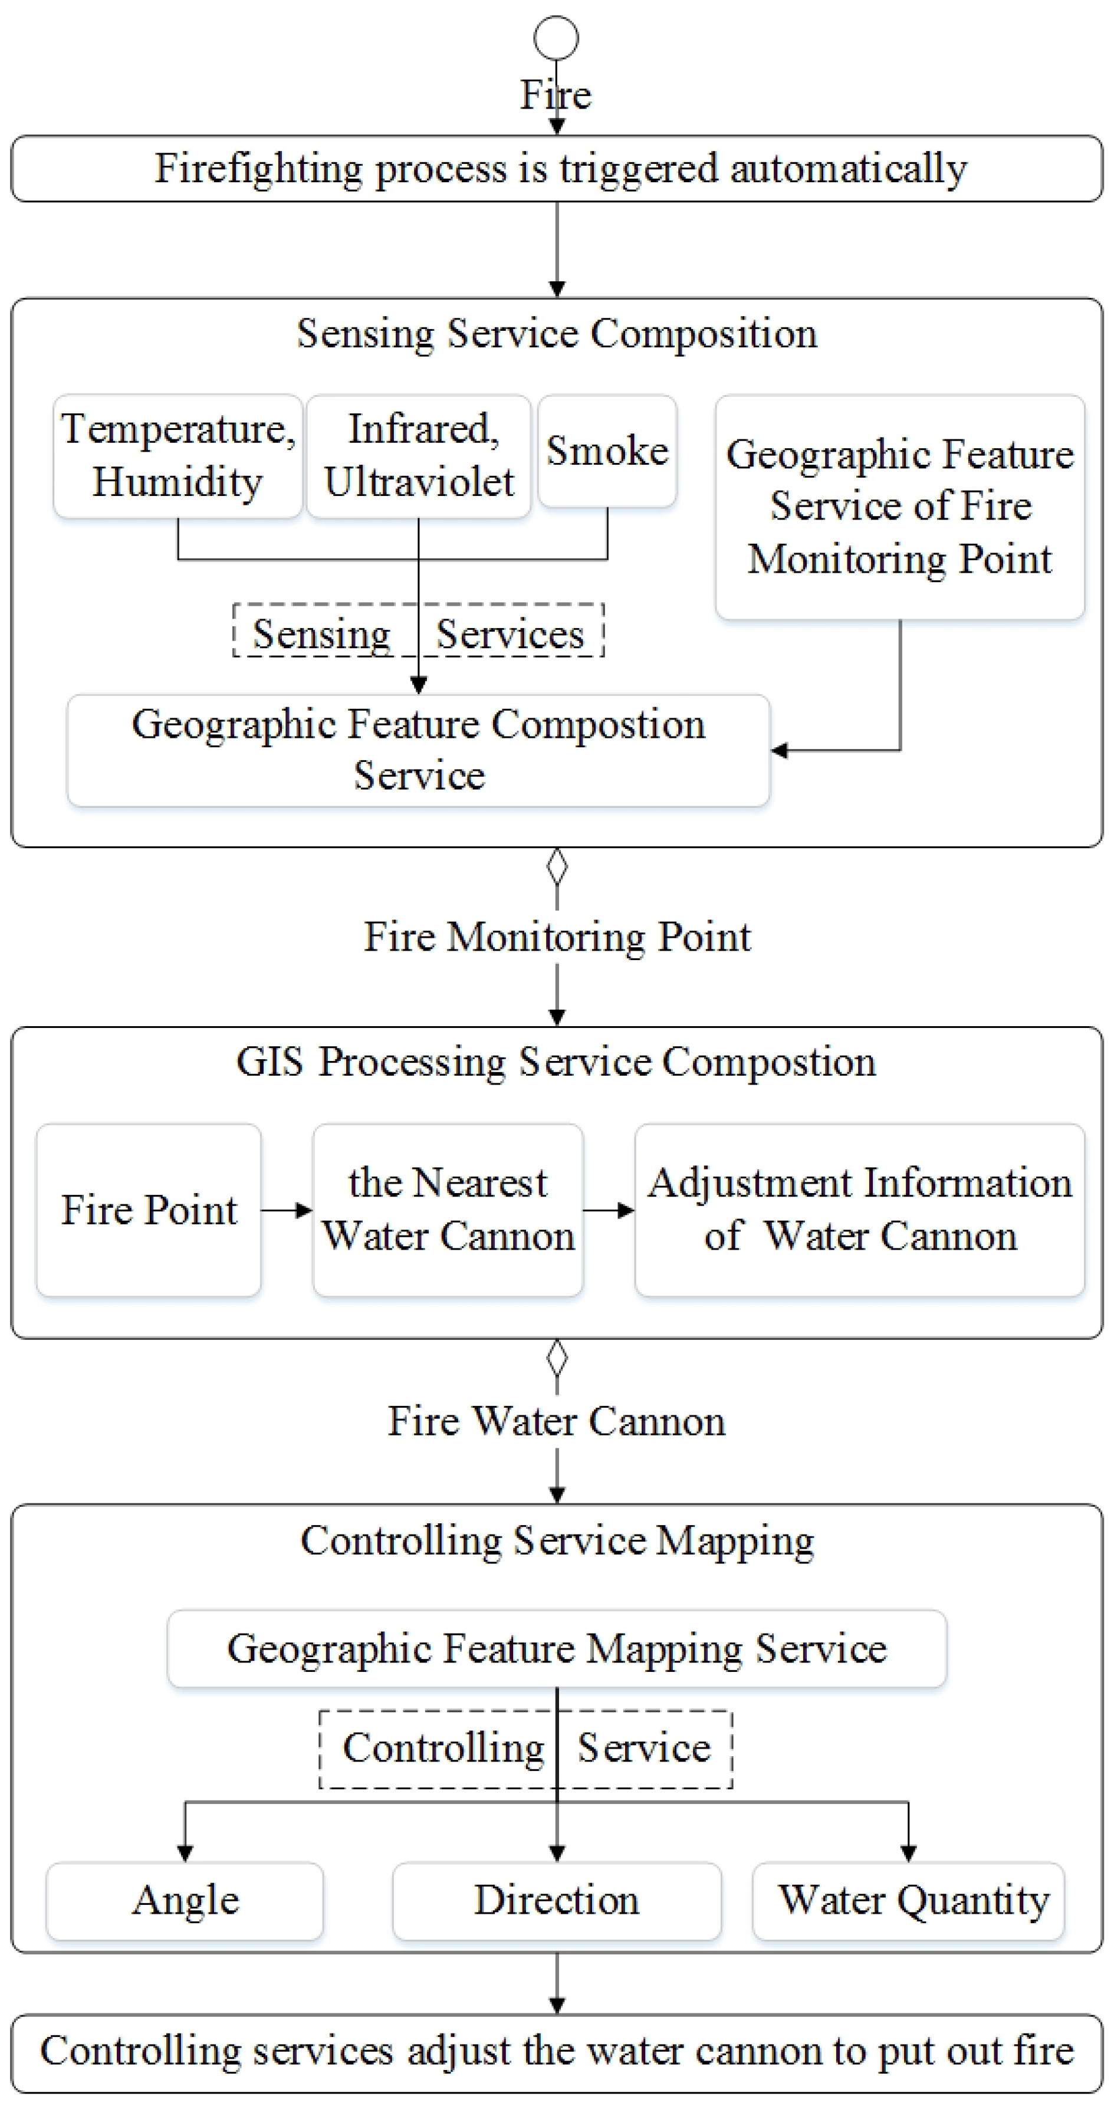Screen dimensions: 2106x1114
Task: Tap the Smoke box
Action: (x=606, y=451)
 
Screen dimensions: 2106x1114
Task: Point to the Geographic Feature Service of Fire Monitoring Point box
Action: (x=900, y=506)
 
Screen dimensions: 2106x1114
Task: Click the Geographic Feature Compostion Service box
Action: (x=419, y=750)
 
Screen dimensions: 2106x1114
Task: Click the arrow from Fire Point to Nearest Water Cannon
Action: (x=287, y=1210)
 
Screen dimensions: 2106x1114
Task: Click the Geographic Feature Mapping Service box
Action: (x=557, y=1648)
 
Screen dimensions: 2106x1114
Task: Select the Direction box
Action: (x=557, y=1900)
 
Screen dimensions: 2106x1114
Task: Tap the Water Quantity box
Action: (x=908, y=1900)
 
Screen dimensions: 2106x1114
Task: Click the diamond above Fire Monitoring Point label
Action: (x=557, y=868)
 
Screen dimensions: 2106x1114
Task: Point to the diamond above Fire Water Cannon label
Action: (x=557, y=1358)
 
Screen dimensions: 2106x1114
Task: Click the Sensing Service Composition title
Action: (x=557, y=334)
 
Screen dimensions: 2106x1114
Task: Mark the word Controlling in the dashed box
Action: (x=443, y=1748)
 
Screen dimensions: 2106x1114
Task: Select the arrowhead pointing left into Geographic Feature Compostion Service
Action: (x=779, y=750)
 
